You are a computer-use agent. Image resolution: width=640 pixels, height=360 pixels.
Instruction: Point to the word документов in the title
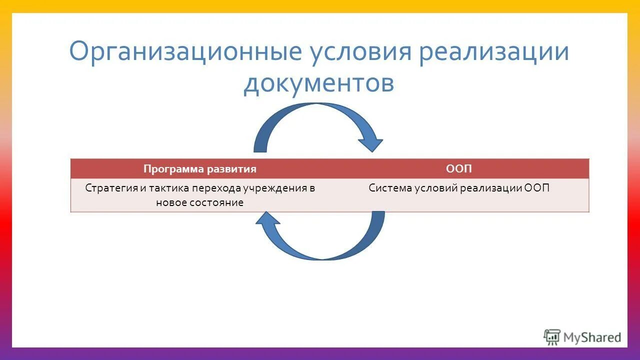[x=319, y=83]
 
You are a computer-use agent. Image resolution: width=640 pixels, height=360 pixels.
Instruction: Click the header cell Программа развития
[x=200, y=169]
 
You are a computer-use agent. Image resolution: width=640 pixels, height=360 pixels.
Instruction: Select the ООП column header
[x=458, y=169]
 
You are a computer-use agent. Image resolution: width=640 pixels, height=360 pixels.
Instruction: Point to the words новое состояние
[x=200, y=202]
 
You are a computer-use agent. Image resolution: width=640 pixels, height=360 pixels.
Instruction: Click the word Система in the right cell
[x=388, y=188]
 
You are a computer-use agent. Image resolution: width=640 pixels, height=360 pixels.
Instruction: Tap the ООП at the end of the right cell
[x=537, y=188]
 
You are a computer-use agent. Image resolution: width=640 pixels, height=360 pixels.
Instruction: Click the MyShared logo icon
[x=552, y=337]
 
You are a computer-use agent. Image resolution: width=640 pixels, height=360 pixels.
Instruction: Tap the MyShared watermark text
[x=592, y=338]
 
